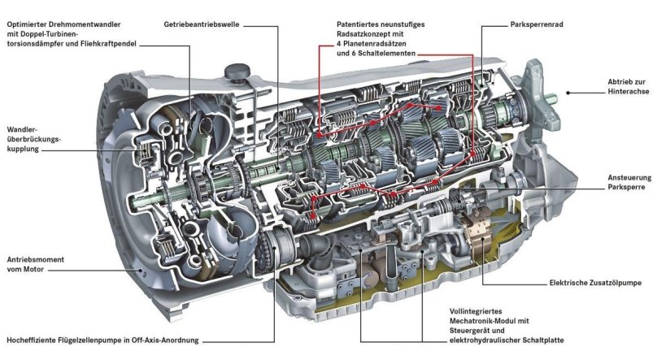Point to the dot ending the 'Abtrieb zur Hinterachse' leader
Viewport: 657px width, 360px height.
point(568,93)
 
